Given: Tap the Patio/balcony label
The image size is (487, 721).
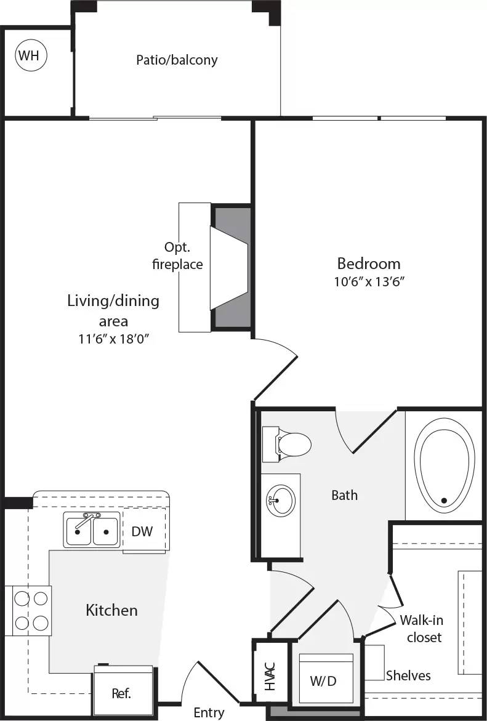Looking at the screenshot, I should [x=177, y=60].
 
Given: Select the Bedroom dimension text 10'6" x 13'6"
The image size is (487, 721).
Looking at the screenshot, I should [x=369, y=282].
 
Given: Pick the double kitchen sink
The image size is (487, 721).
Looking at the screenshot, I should [x=91, y=529].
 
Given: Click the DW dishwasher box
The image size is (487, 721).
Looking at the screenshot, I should [x=143, y=531].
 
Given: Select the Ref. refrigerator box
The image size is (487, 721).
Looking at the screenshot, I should [x=121, y=692].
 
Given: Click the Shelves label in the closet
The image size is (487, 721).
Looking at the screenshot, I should [x=408, y=675].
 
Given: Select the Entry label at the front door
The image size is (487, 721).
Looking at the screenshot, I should [x=209, y=712].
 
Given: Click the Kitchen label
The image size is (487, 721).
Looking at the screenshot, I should [x=111, y=610].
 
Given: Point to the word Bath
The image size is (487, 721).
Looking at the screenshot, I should [x=344, y=494].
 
